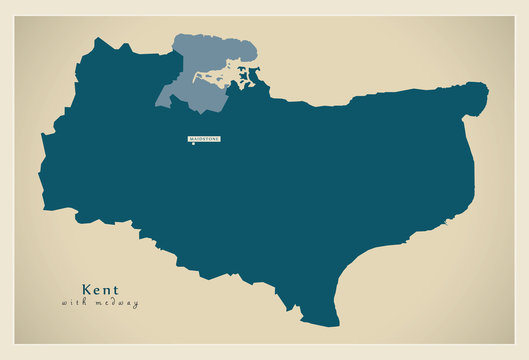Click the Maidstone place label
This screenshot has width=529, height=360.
[204, 138]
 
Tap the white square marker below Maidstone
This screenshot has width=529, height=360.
[193, 143]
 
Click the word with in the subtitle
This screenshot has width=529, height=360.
[73, 303]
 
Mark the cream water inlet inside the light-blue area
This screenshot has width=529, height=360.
[215, 78]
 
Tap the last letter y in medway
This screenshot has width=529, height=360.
[136, 304]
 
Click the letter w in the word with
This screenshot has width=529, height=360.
[64, 303]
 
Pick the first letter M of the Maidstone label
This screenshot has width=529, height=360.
[190, 138]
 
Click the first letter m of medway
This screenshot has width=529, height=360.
[96, 303]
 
